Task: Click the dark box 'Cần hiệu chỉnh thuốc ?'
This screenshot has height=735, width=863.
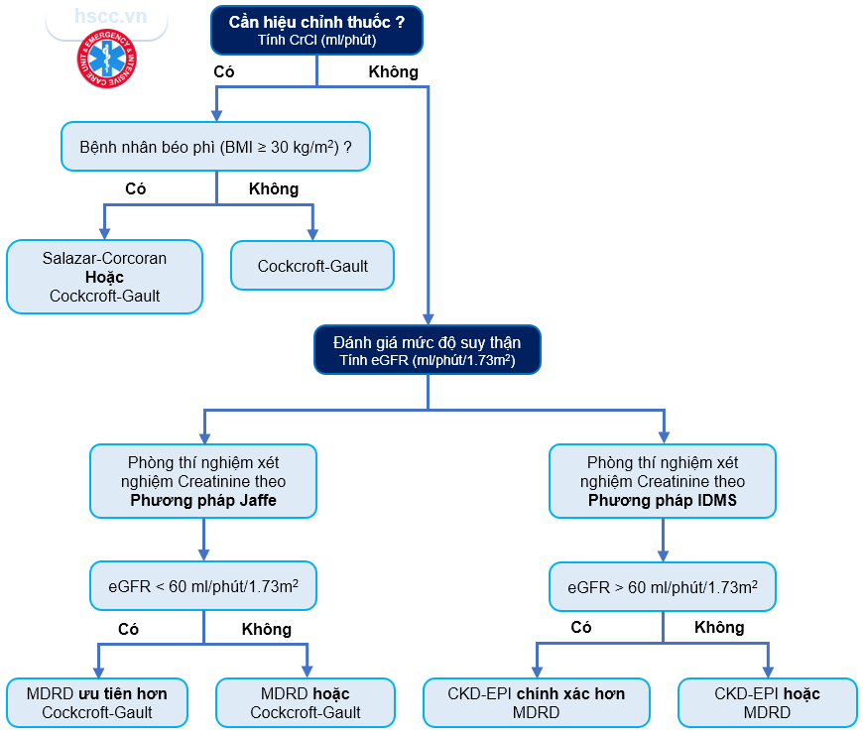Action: (x=316, y=30)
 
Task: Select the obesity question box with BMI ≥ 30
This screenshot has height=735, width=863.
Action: (x=216, y=147)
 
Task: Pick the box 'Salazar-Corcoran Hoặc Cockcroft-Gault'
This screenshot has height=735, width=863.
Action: (x=104, y=277)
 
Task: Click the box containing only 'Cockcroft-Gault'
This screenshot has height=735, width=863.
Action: (x=312, y=266)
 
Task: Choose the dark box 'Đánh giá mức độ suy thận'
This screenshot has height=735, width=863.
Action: (x=428, y=349)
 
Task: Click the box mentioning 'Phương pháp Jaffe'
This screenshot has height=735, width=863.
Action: (x=203, y=481)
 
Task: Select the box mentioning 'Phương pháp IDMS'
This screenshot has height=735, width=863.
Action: (x=663, y=481)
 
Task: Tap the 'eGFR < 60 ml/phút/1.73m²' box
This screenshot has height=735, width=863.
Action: (x=203, y=586)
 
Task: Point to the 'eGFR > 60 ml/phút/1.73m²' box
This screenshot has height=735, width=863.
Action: (x=663, y=586)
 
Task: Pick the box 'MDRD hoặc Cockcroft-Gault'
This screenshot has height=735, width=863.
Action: (x=306, y=702)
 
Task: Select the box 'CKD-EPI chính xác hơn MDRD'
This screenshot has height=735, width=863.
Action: (x=537, y=702)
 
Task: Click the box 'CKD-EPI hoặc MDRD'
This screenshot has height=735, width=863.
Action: (x=768, y=702)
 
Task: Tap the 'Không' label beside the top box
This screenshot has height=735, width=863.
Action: (x=393, y=71)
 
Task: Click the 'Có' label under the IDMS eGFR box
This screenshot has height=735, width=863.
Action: (x=581, y=627)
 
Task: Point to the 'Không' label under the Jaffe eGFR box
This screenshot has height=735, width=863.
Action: (x=267, y=629)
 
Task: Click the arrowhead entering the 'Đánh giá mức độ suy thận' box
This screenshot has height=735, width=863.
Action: (x=428, y=316)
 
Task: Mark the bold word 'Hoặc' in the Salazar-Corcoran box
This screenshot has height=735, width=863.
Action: (x=104, y=277)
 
